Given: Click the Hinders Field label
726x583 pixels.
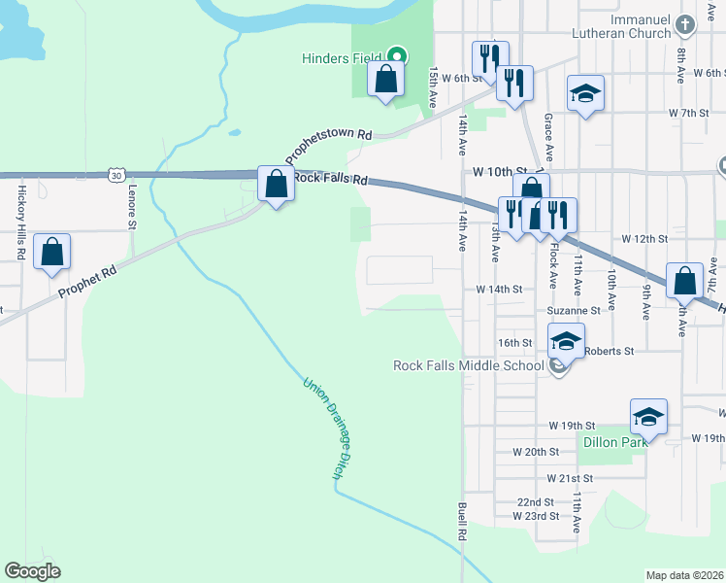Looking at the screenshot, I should (340, 58).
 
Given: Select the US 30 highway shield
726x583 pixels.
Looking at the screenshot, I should (116, 175).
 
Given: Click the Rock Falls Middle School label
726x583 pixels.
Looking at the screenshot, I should (468, 365).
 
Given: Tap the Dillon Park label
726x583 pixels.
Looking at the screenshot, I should (614, 442).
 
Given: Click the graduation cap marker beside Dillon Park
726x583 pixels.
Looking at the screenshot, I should (648, 418).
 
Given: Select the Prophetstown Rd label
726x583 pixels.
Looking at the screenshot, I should (328, 145).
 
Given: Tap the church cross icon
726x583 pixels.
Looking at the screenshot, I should (685, 23).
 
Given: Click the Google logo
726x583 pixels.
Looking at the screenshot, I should (32, 571).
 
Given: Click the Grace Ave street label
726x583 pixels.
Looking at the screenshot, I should (549, 137).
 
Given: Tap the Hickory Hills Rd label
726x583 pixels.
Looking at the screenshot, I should (19, 222).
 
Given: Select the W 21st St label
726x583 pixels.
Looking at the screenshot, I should (569, 479).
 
